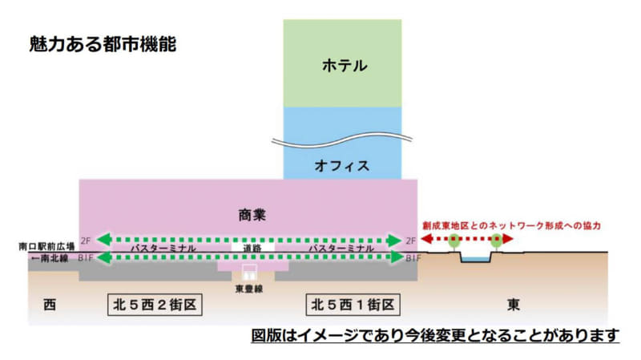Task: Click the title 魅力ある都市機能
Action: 102,43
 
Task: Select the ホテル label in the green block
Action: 342,65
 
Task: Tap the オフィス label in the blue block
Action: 342,167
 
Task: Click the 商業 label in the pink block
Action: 251,214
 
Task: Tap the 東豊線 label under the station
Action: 248,289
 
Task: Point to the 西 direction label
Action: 50,305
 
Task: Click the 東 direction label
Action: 514,305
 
